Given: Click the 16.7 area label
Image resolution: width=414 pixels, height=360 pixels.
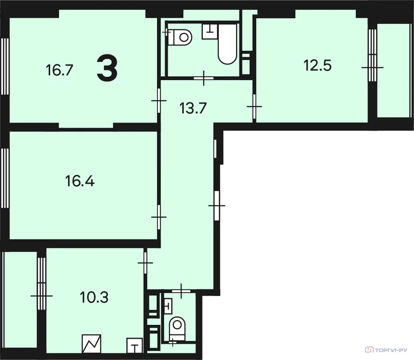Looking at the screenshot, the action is tap(59, 70).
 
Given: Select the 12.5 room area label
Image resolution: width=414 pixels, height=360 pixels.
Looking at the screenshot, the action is tap(317, 66).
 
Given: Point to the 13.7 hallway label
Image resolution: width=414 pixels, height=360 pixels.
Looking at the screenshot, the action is tap(193, 108).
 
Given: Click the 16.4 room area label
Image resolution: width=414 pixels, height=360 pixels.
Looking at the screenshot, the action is tap(80, 181).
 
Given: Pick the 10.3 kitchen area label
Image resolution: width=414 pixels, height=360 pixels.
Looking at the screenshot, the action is tap(94, 298).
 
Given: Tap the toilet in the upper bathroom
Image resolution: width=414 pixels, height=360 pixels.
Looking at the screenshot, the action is tap(180, 37).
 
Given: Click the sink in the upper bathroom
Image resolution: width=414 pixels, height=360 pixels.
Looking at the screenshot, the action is tap(210, 31).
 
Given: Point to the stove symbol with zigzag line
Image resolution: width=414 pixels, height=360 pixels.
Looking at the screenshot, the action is tap(91, 344).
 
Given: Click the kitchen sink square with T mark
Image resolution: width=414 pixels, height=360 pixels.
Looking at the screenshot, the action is tap(135, 345).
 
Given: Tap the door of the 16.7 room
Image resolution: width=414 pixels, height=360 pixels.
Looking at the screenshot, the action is tap(159, 101).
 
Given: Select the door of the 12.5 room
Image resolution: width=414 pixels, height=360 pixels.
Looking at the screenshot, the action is tap(254, 106).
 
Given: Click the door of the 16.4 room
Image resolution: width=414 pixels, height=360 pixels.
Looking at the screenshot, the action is tap(159, 217).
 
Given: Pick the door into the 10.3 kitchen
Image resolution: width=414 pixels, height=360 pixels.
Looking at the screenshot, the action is tap(145, 263).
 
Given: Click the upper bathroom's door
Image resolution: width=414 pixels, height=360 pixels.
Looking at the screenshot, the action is tap(203, 78).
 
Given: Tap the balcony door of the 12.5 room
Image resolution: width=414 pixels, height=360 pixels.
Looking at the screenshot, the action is tap(372, 67).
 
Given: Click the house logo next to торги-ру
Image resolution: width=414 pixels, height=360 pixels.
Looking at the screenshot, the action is tap(369, 350).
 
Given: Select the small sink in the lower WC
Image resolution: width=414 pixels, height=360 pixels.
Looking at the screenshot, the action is tap(168, 306).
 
